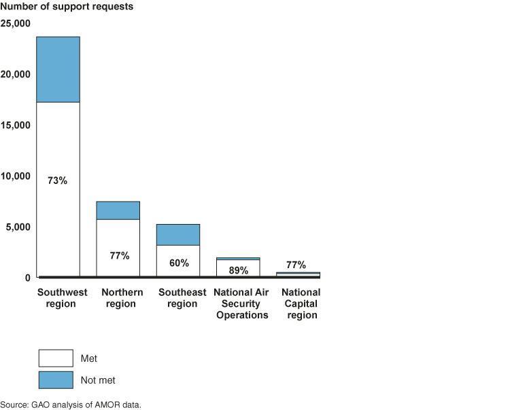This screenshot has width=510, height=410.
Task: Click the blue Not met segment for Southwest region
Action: [x=58, y=69]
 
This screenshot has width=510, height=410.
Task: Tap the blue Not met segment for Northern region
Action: [x=118, y=210]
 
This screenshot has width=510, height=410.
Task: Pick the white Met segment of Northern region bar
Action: [x=118, y=238]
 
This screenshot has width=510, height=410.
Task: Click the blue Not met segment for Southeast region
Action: [x=178, y=234]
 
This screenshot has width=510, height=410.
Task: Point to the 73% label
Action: [x=58, y=181]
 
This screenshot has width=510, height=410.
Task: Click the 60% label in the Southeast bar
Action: [x=179, y=263]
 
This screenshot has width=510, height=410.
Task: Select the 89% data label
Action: [x=238, y=269]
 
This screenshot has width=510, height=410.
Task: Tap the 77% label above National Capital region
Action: [x=296, y=265]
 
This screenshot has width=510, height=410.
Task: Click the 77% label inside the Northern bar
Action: [x=119, y=256]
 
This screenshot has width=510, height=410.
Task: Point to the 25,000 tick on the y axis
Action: [x=15, y=24]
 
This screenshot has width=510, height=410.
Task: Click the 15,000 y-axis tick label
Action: [x=15, y=125]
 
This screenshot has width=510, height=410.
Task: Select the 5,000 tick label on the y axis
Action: [x=18, y=227]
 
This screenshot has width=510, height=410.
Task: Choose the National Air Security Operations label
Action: [x=242, y=303]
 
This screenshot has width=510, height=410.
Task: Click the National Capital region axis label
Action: [x=301, y=303]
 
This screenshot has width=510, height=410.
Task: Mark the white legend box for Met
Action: [x=55, y=358]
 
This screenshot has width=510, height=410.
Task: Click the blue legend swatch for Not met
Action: [x=55, y=379]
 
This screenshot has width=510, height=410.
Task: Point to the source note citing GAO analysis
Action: [x=71, y=405]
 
